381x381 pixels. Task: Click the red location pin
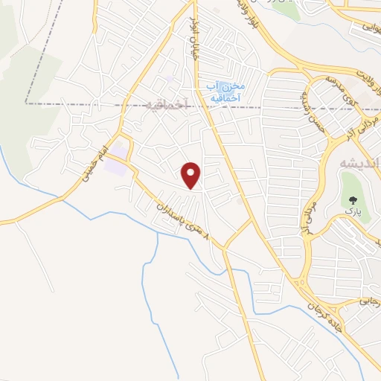point(192,174)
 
